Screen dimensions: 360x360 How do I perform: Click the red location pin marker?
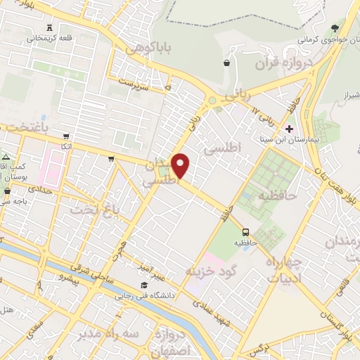pos(181,165)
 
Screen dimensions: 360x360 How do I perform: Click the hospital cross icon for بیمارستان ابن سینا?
pos(289,129)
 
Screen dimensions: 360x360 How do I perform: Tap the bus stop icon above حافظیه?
pos(245,231)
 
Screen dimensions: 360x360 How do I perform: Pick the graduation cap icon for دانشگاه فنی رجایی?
pos(144,285)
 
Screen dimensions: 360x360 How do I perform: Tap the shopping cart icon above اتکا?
pos(66,136)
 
